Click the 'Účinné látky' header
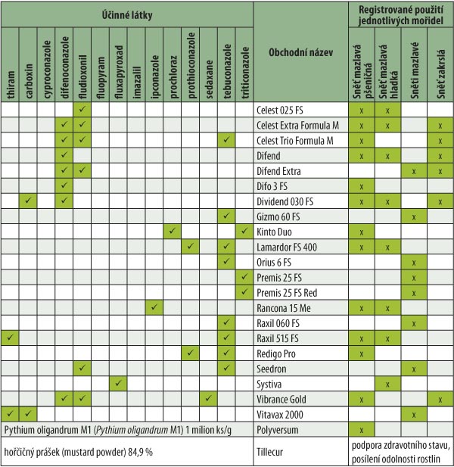pos(126,14)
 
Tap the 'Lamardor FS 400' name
pos(290,247)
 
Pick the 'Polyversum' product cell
pos(280,430)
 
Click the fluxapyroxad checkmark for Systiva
pos(119,383)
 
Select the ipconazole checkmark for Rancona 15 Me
pos(154,307)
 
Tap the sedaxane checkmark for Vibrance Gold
pos(209,398)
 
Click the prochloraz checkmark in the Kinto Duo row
pos(173,231)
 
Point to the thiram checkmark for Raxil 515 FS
pos(11,338)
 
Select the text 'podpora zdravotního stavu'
pos(400,445)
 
